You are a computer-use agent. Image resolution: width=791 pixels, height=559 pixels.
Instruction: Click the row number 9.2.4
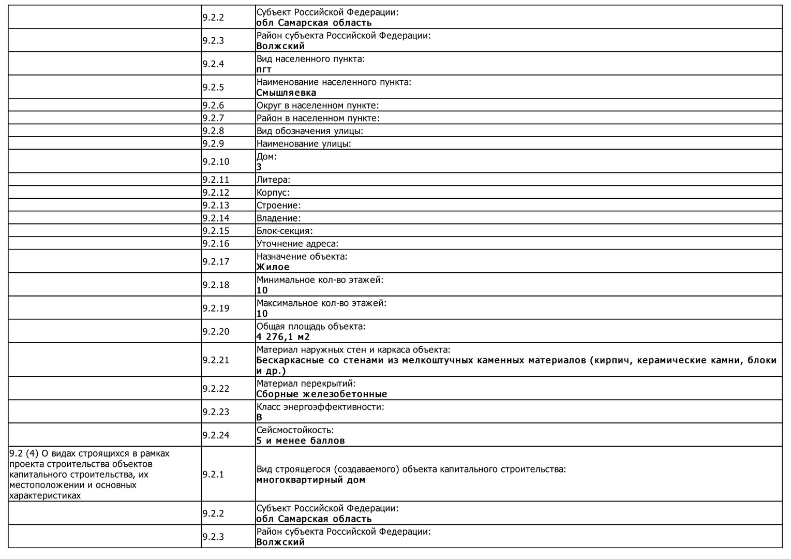pyautogui.click(x=213, y=64)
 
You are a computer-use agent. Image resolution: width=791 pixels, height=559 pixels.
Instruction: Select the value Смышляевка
pyautogui.click(x=286, y=93)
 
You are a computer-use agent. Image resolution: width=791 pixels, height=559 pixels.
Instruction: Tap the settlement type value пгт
pyautogui.click(x=264, y=69)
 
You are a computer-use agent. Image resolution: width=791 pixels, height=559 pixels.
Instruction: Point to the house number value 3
pyautogui.click(x=259, y=167)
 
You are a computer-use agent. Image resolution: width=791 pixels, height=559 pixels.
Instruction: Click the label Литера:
pyautogui.click(x=273, y=180)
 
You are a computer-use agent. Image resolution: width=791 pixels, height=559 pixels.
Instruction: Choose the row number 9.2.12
pyautogui.click(x=215, y=193)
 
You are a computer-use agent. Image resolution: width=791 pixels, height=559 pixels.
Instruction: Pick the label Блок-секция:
pyautogui.click(x=285, y=231)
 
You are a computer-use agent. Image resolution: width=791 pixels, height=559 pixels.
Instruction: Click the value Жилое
pyautogui.click(x=273, y=267)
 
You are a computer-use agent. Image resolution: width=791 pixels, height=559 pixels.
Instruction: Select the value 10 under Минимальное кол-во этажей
pyautogui.click(x=262, y=290)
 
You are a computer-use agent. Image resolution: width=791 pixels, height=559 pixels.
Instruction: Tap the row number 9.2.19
pyautogui.click(x=215, y=308)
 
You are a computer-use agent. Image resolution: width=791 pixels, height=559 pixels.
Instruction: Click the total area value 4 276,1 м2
pyautogui.click(x=283, y=337)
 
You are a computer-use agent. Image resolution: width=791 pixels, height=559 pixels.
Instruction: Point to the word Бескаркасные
pyautogui.click(x=290, y=360)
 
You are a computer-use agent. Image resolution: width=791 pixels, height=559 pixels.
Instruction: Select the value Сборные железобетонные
pyautogui.click(x=322, y=394)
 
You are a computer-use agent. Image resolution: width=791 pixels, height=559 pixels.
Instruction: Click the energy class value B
pyautogui.click(x=259, y=417)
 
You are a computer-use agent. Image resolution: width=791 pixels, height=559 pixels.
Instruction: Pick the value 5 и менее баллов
pyautogui.click(x=301, y=441)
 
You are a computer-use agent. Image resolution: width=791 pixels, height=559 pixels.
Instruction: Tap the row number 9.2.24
pyautogui.click(x=215, y=435)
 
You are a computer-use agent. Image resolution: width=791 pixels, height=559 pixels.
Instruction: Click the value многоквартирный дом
pyautogui.click(x=311, y=480)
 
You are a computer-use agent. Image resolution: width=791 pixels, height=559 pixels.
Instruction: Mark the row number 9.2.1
pyautogui.click(x=213, y=474)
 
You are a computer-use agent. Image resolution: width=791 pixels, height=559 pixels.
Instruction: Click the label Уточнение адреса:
pyautogui.click(x=297, y=244)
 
